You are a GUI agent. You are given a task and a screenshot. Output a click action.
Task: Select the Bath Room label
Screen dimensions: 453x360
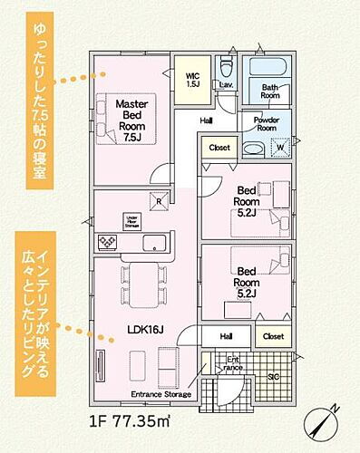point(270,91)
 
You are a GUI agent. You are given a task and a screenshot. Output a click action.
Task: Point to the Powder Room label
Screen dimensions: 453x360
point(267,124)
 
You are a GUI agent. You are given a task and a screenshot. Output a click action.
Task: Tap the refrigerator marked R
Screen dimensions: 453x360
point(158,202)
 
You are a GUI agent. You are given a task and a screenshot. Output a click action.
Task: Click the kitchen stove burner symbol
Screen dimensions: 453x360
point(108,242)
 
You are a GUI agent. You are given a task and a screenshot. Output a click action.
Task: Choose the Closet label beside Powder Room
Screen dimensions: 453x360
point(219,147)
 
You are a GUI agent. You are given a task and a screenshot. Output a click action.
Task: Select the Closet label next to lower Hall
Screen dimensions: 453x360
point(272,336)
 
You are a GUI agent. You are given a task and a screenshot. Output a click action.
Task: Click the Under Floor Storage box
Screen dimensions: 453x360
point(131,220)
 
